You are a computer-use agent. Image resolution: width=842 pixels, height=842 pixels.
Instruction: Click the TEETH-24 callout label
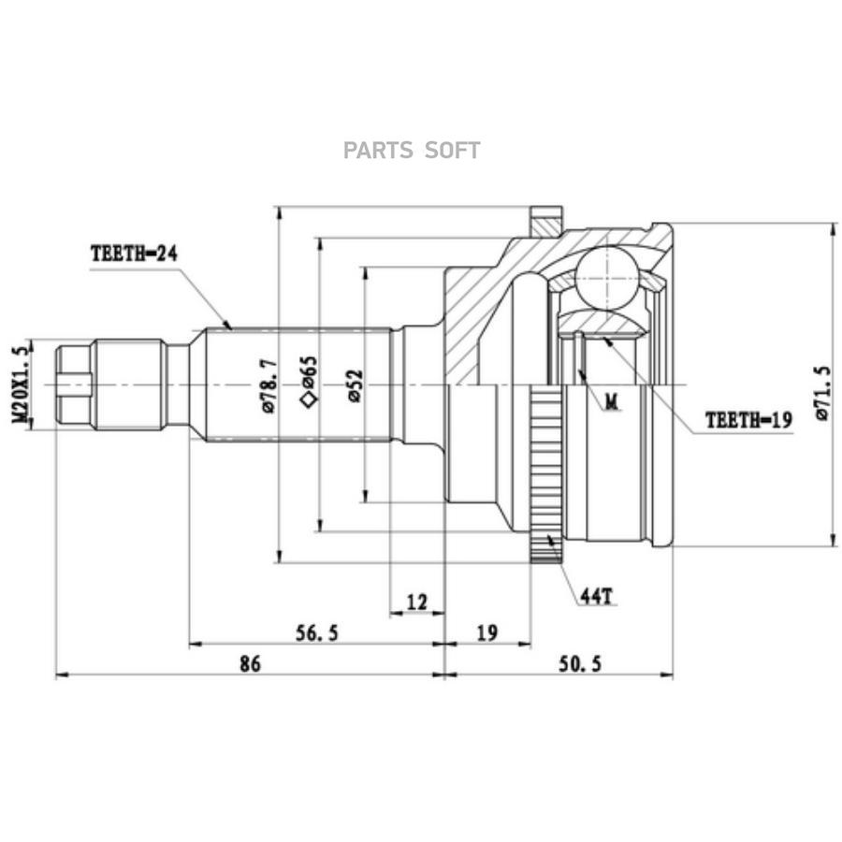point(134,254)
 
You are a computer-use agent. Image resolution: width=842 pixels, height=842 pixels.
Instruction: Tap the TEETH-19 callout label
point(748,420)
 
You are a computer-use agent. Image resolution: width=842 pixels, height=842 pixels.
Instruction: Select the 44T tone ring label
point(596,596)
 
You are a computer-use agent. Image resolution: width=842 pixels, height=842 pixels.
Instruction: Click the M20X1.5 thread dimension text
point(20,385)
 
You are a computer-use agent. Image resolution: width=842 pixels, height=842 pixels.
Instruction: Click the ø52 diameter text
point(356,386)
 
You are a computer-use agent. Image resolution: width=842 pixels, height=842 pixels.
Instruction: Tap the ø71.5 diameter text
point(823,393)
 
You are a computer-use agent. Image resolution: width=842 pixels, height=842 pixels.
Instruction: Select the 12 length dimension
point(416,602)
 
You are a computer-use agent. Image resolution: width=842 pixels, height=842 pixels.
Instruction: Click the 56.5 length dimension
point(317,633)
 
